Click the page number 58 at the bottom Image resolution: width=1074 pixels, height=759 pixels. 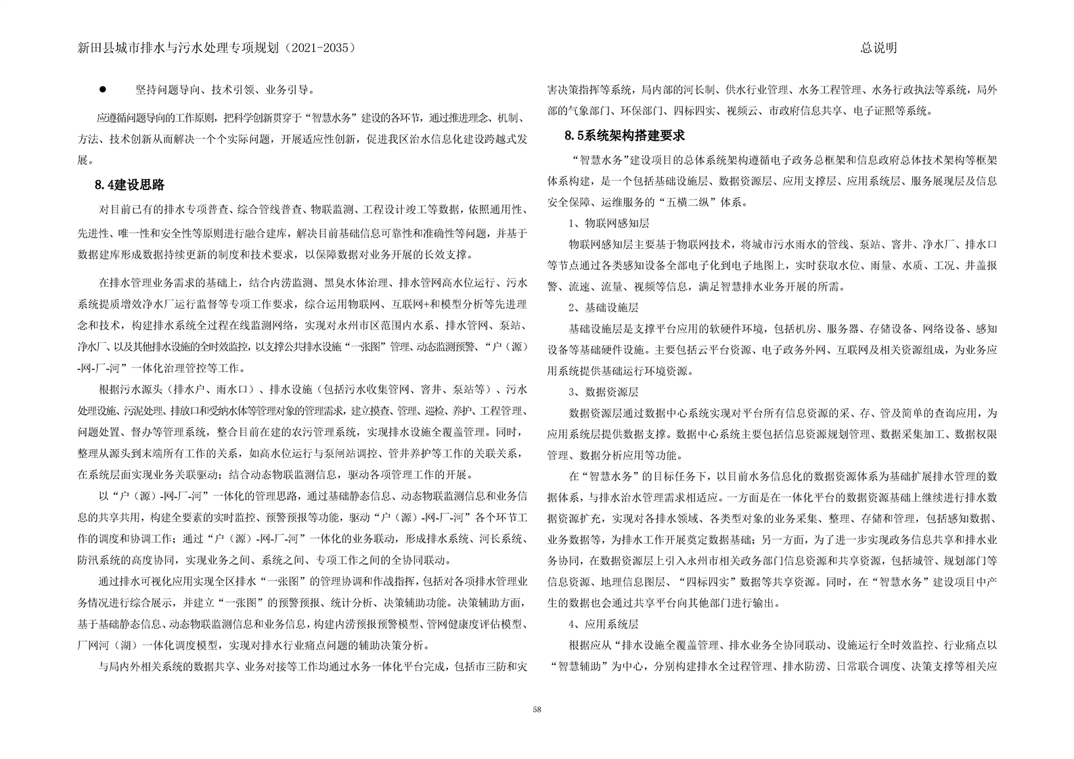[x=537, y=709]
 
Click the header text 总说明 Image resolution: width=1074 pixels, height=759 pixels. [x=878, y=47]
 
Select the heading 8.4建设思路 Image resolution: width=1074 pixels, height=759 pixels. [x=130, y=185]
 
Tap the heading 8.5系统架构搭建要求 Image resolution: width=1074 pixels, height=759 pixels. [x=625, y=135]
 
